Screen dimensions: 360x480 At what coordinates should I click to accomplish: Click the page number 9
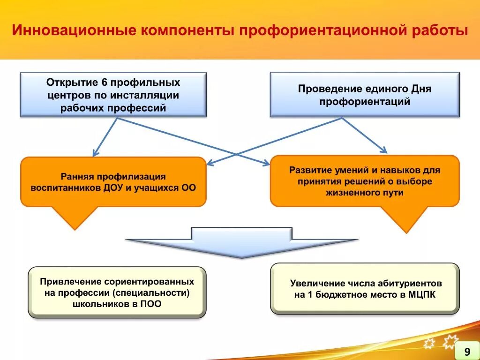click(x=467, y=352)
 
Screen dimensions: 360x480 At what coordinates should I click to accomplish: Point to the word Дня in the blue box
click(x=421, y=89)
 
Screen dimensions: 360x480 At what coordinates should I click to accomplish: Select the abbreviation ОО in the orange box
click(x=188, y=187)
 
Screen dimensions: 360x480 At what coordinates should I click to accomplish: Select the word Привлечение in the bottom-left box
click(x=70, y=282)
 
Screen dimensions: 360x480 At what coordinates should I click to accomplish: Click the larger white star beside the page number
click(x=450, y=343)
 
